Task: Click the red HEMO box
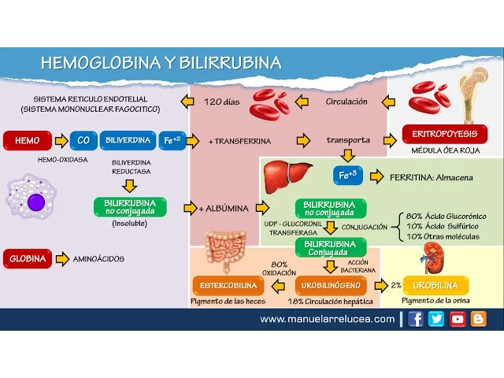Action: [x=27, y=141]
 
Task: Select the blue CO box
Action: [x=83, y=141]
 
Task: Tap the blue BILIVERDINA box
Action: [x=128, y=141]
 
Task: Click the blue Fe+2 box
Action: [x=172, y=141]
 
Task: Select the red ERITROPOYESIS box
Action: [x=444, y=133]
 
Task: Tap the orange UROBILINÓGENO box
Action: [x=332, y=285]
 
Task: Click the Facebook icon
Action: [x=416, y=319]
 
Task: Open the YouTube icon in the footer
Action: [x=458, y=319]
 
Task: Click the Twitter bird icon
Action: [x=436, y=319]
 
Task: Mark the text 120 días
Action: [x=221, y=102]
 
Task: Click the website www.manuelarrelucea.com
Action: [x=327, y=319]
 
